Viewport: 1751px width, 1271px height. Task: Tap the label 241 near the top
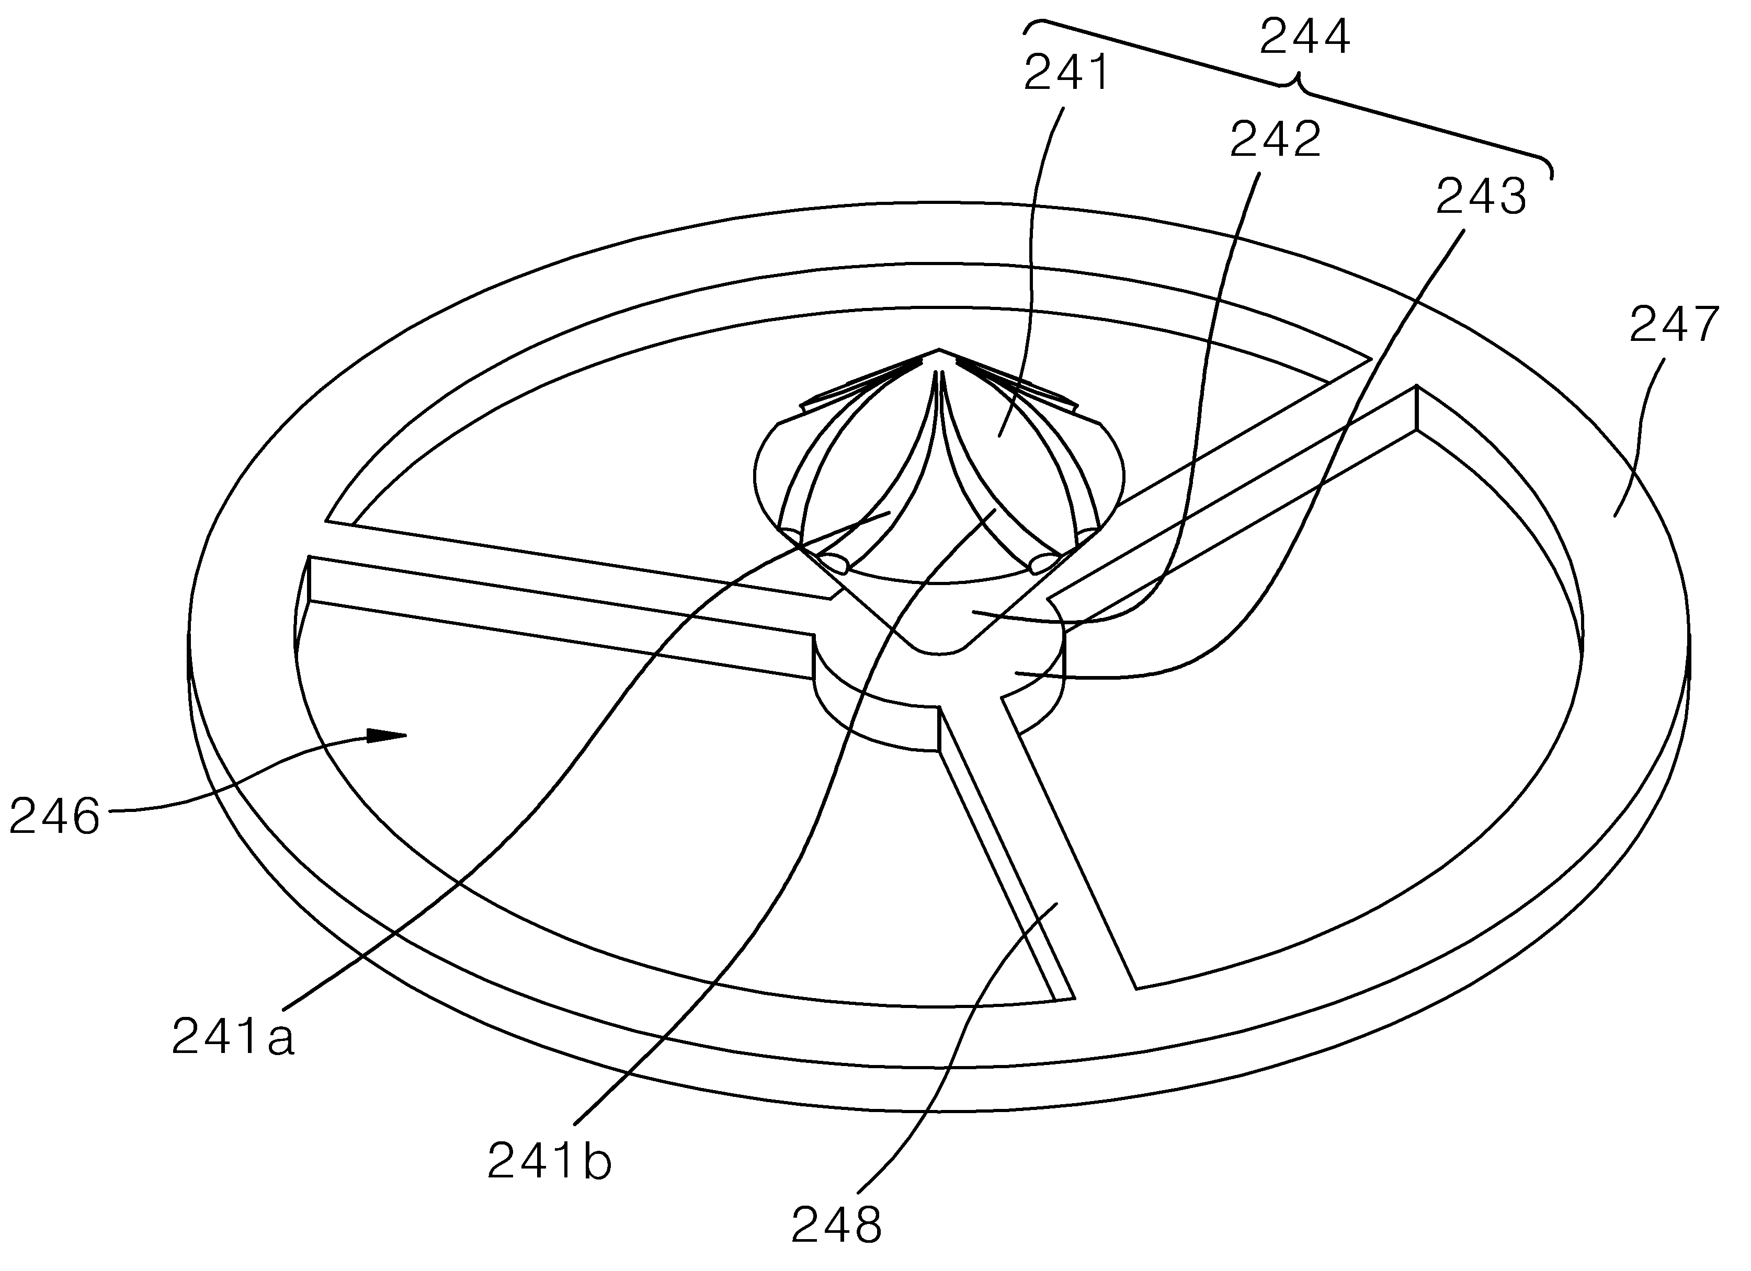click(1066, 73)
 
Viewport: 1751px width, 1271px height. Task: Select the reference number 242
click(1276, 141)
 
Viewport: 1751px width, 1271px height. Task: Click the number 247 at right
click(1674, 325)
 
